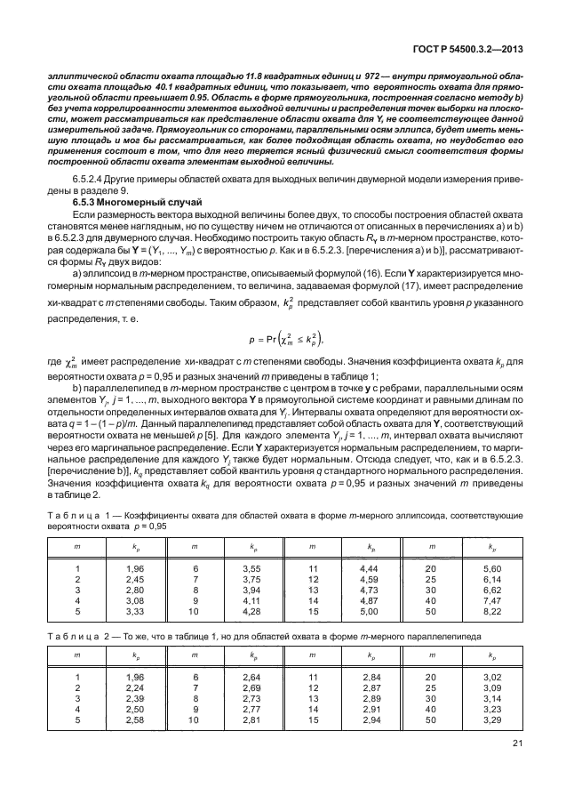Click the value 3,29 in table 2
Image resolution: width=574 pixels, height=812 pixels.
coord(491,721)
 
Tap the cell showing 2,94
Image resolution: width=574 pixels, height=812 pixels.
coord(371,721)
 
